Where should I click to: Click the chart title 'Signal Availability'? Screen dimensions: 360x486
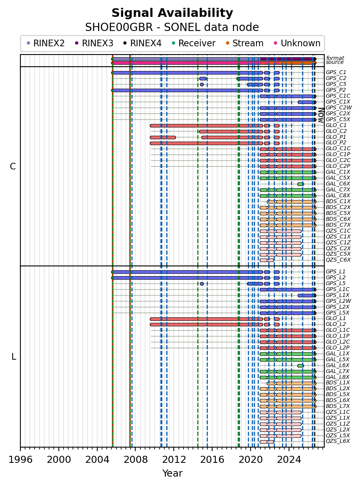pyautogui.click(x=172, y=13)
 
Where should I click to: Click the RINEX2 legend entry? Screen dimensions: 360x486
pyautogui.click(x=45, y=43)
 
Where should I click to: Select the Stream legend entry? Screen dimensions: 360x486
pyautogui.click(x=245, y=43)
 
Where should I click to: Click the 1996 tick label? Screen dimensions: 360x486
pyautogui.click(x=20, y=459)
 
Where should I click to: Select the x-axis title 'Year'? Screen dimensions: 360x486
pyautogui.click(x=172, y=473)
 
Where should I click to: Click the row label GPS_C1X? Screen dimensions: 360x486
pyautogui.click(x=338, y=102)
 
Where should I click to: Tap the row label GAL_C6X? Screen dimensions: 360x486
pyautogui.click(x=338, y=184)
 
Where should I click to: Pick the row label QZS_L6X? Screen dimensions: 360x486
pyautogui.click(x=338, y=441)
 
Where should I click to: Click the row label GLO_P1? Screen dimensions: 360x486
pyautogui.click(x=336, y=137)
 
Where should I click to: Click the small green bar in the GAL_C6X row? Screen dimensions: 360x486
pyautogui.click(x=300, y=184)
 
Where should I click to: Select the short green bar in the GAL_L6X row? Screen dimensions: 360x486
pyautogui.click(x=300, y=366)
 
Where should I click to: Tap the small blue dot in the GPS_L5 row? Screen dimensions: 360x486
pyautogui.click(x=202, y=284)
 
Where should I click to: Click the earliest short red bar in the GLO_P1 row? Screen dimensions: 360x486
pyautogui.click(x=163, y=137)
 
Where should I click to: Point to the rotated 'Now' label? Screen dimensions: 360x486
pyautogui.click(x=321, y=115)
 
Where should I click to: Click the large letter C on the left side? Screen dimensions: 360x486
pyautogui.click(x=13, y=167)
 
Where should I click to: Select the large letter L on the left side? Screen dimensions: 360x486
pyautogui.click(x=14, y=357)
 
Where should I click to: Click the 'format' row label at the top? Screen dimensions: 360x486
pyautogui.click(x=335, y=58)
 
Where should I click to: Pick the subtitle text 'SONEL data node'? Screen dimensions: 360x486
pyautogui.click(x=211, y=27)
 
